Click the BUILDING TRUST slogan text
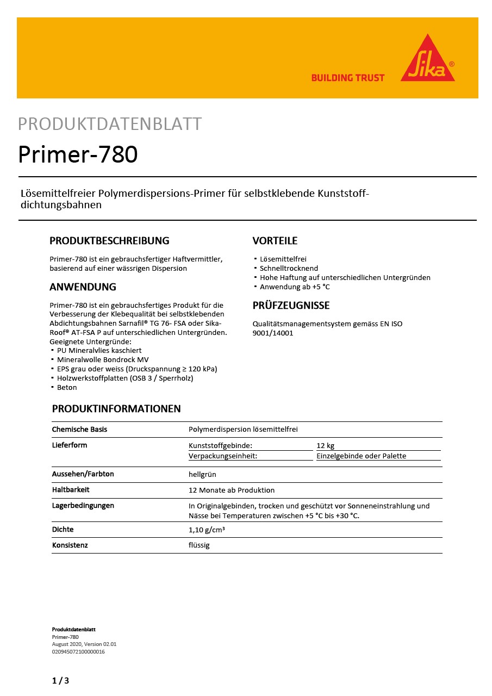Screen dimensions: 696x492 (347, 78)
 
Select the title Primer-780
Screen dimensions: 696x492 (78, 154)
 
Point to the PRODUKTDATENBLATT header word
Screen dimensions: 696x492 (110, 124)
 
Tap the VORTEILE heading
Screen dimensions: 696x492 (275, 241)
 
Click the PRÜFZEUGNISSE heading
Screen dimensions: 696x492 (291, 305)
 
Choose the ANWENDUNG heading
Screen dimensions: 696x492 (83, 287)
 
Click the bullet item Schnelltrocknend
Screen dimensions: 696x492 (289, 268)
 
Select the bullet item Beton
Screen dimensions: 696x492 (67, 387)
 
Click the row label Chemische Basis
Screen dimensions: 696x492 (79, 429)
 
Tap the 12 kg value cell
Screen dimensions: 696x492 (326, 445)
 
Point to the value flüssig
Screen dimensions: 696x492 (199, 545)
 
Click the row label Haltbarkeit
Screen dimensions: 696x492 (71, 490)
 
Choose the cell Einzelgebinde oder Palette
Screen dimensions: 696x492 (362, 456)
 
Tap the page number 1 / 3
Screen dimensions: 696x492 (60, 680)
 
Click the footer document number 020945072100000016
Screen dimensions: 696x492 (78, 651)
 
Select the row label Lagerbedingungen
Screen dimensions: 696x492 (83, 506)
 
